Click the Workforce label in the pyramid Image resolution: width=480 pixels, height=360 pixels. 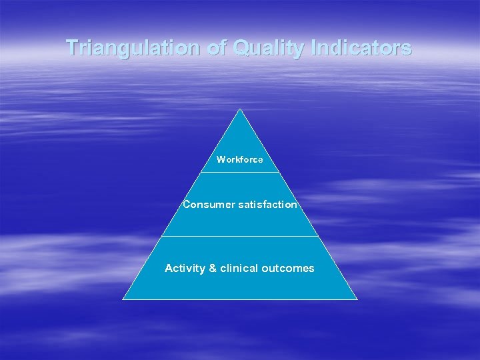[x=240, y=160]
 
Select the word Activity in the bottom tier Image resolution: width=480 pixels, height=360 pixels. [x=185, y=269]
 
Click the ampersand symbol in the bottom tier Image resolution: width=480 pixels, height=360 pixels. [x=213, y=269]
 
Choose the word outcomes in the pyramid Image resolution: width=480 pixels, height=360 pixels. [x=288, y=269]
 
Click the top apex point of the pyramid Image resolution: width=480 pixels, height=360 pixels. [x=240, y=109]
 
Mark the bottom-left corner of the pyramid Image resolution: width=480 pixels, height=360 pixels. [x=123, y=299]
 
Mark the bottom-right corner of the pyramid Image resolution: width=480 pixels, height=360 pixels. [x=357, y=299]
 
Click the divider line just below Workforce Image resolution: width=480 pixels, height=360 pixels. [x=240, y=173]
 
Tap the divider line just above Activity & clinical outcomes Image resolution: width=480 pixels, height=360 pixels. [x=240, y=236]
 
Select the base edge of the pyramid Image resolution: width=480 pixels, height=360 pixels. [x=240, y=299]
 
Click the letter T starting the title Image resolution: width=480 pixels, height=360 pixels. [x=71, y=48]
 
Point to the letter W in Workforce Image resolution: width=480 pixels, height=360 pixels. [x=221, y=160]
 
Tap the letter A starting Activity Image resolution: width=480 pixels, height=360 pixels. [x=169, y=269]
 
